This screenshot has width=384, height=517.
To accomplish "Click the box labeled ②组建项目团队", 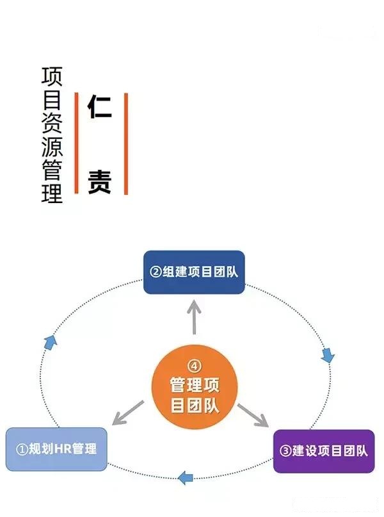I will tap(193, 272).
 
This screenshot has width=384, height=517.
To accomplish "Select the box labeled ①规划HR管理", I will tap(56, 449).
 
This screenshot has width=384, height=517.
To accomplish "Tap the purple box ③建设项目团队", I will tap(324, 451).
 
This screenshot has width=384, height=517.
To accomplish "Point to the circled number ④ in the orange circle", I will tap(195, 366).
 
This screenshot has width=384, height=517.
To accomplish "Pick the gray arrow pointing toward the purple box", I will tap(253, 414).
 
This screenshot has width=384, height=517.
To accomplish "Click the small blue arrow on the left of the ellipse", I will tap(51, 342).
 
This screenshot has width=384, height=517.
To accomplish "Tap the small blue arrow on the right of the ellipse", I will tap(328, 354).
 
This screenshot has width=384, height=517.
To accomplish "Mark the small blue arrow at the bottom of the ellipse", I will tap(186, 477).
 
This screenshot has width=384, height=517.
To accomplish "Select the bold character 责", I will tap(100, 181).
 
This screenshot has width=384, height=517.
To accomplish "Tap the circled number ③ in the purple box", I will tap(285, 451).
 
